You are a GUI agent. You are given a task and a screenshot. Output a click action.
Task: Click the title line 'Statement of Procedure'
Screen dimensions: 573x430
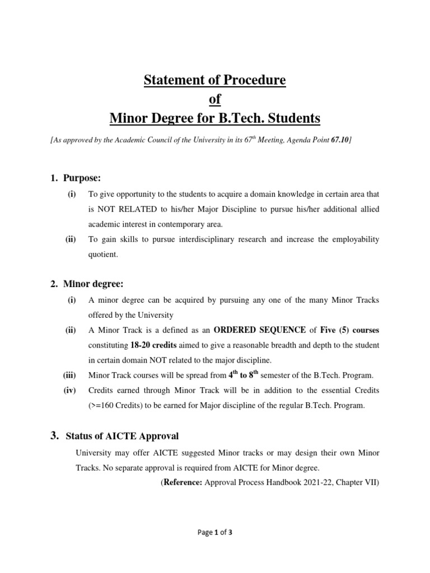215,80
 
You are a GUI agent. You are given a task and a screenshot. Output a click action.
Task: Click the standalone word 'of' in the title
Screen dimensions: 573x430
215,99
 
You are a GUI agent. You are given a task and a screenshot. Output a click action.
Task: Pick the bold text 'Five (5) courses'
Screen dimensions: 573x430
349,331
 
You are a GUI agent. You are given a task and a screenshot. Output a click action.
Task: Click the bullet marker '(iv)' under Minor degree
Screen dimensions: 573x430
71,391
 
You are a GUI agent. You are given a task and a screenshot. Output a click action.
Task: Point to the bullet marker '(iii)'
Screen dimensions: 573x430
71,376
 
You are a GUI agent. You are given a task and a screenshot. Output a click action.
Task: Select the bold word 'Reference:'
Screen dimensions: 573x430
184,481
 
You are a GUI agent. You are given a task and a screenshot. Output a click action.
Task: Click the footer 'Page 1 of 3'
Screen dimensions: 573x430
215,533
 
